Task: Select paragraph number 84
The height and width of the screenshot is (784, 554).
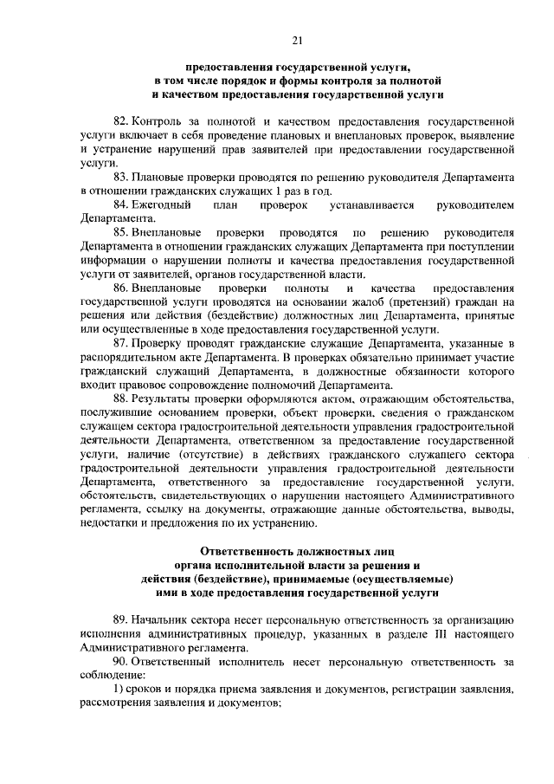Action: [121, 205]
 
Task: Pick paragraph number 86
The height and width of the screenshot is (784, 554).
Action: [121, 288]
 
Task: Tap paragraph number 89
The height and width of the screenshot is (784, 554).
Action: [121, 619]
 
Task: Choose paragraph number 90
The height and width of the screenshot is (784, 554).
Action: [121, 661]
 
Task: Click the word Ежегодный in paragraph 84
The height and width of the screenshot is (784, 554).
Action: [160, 205]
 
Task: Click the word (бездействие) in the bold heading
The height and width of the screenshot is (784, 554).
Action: [229, 578]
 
